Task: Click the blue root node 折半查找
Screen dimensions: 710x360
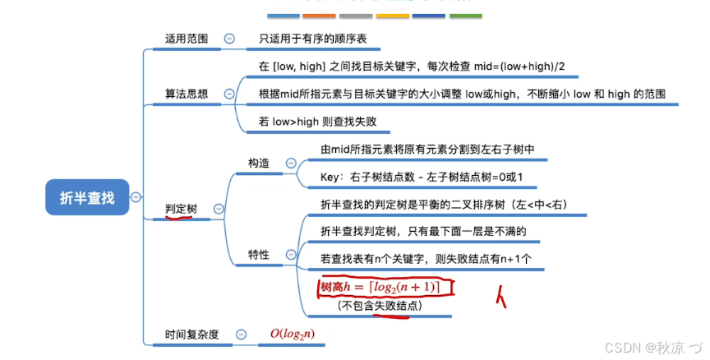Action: coord(88,197)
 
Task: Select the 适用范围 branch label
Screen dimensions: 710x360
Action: coord(187,38)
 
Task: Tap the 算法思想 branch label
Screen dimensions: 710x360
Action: coord(187,94)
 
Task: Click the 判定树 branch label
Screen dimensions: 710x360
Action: coord(182,210)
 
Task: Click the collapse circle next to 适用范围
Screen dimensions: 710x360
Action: coord(229,38)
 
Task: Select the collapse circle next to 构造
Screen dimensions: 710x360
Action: coord(291,164)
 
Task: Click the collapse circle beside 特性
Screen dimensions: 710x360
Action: coord(291,255)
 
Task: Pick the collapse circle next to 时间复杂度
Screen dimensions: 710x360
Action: coord(240,334)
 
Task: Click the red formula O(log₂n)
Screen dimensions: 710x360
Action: coord(293,334)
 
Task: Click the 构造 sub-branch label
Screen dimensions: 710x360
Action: coord(259,164)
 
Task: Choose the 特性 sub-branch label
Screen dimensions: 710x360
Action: coord(259,255)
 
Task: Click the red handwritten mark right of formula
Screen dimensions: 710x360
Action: coord(500,297)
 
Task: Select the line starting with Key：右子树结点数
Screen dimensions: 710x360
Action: coord(422,178)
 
